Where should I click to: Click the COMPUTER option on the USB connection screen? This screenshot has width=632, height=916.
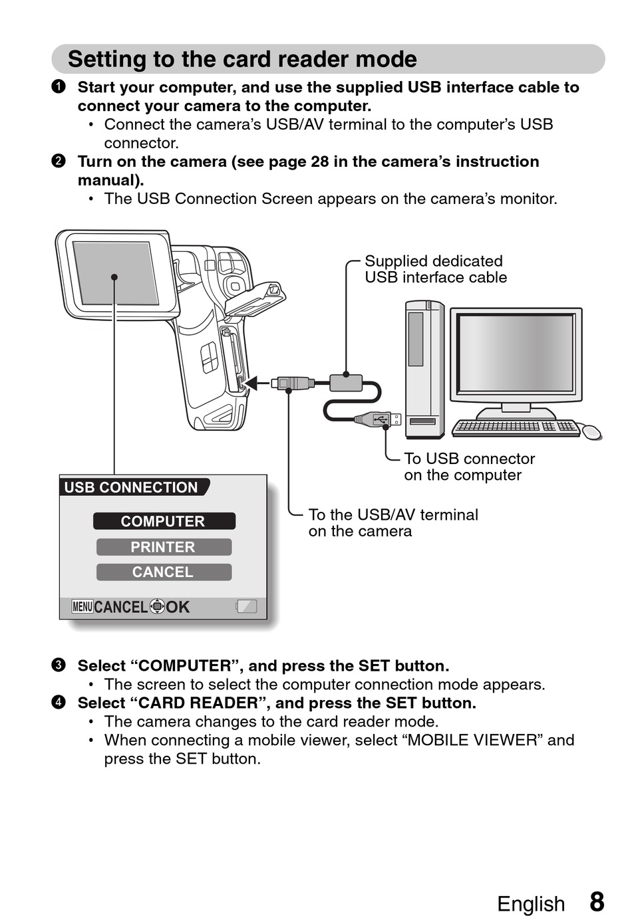tap(164, 521)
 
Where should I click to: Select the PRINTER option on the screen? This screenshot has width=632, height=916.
tap(164, 547)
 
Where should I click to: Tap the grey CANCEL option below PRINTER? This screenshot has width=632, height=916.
tap(164, 572)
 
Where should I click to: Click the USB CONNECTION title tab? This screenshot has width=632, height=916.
tap(132, 487)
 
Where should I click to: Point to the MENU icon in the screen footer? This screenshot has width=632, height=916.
tap(82, 606)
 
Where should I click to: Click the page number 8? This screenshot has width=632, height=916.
tap(597, 902)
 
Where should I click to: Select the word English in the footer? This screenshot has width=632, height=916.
tap(530, 904)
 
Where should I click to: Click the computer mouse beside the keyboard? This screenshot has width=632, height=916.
tap(591, 431)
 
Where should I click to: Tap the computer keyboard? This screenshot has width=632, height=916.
tap(516, 427)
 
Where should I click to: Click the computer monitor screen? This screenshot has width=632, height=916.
tap(516, 353)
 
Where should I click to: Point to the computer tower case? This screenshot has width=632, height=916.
tap(424, 369)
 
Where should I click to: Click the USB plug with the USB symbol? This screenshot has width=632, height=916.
tap(379, 419)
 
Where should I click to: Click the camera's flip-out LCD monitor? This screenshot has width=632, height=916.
tap(116, 273)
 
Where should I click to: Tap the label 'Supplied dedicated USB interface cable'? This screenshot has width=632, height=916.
tap(435, 269)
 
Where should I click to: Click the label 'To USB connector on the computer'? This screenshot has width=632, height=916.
tap(469, 467)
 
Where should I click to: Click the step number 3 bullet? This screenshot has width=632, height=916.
tap(59, 665)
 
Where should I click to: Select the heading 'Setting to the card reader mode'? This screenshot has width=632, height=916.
tap(242, 59)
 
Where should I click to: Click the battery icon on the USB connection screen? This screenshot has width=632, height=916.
tap(246, 606)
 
